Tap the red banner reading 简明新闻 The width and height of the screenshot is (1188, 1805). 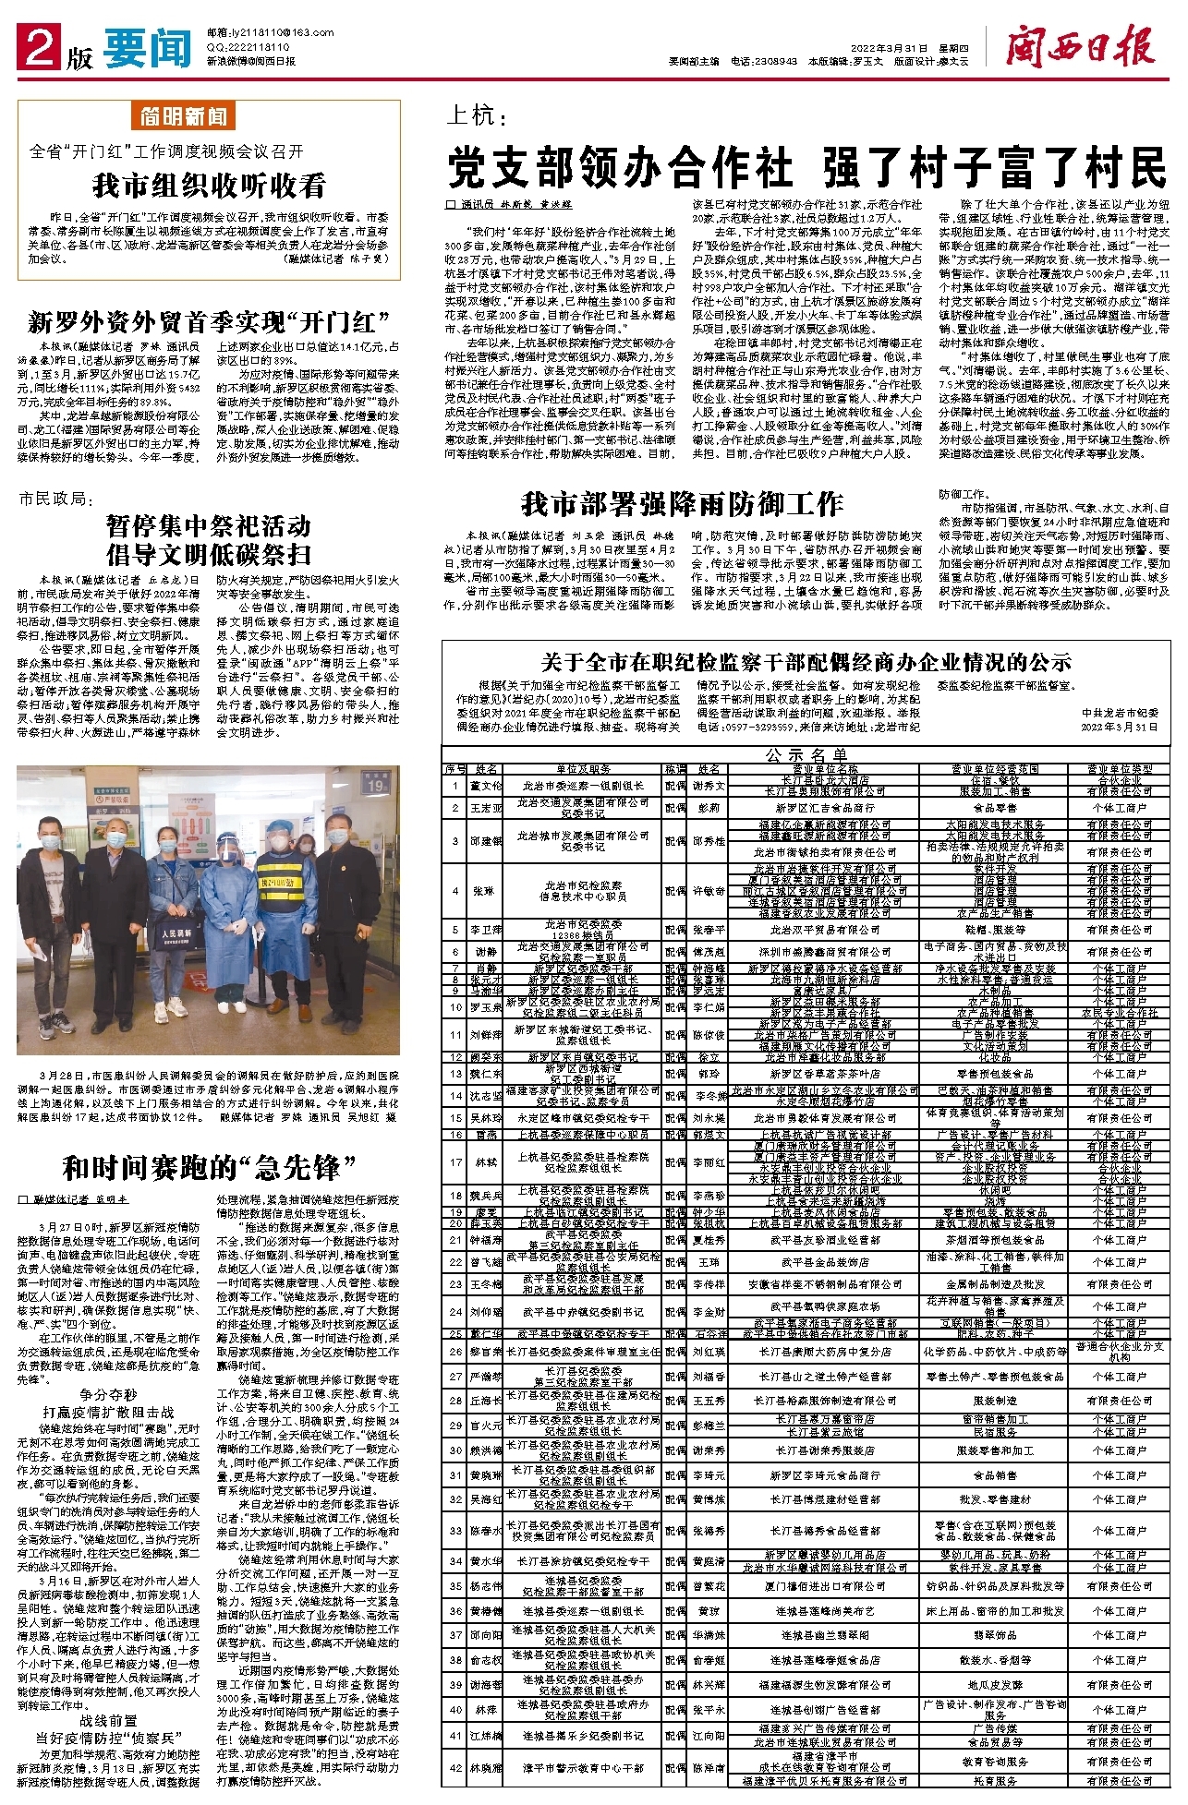185,116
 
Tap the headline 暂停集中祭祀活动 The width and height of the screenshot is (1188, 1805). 209,526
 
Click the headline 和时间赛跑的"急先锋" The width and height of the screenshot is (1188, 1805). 209,1167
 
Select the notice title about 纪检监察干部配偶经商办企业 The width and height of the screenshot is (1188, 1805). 806,661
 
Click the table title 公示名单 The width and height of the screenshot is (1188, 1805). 806,754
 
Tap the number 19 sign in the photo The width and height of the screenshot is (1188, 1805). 374,786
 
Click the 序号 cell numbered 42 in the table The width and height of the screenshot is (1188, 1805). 455,1767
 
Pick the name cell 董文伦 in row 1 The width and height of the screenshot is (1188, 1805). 487,786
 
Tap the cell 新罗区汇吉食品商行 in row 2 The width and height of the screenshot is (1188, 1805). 825,808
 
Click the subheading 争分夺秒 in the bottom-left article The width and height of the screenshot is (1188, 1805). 108,1395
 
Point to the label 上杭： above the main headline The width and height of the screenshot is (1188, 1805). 477,117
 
